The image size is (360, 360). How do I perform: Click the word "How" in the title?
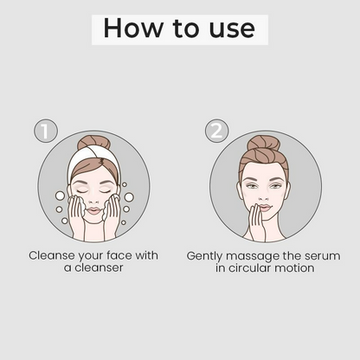[132, 28]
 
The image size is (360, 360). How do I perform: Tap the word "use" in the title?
[232, 29]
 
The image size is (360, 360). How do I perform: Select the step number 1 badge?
[46, 131]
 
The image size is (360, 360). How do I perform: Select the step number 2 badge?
[216, 131]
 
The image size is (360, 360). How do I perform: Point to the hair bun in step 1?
[90, 143]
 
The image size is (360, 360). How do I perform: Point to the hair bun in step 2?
[263, 143]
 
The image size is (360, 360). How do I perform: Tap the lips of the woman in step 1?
[93, 210]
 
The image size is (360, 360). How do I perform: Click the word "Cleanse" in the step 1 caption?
[52, 255]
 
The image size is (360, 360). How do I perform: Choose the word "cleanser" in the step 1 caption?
[99, 268]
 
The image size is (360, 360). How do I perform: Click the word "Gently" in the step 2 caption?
[204, 256]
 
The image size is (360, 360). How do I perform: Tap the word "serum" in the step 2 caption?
[323, 256]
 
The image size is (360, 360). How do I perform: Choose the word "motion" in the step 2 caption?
[294, 268]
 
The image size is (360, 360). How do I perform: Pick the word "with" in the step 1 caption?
[146, 255]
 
